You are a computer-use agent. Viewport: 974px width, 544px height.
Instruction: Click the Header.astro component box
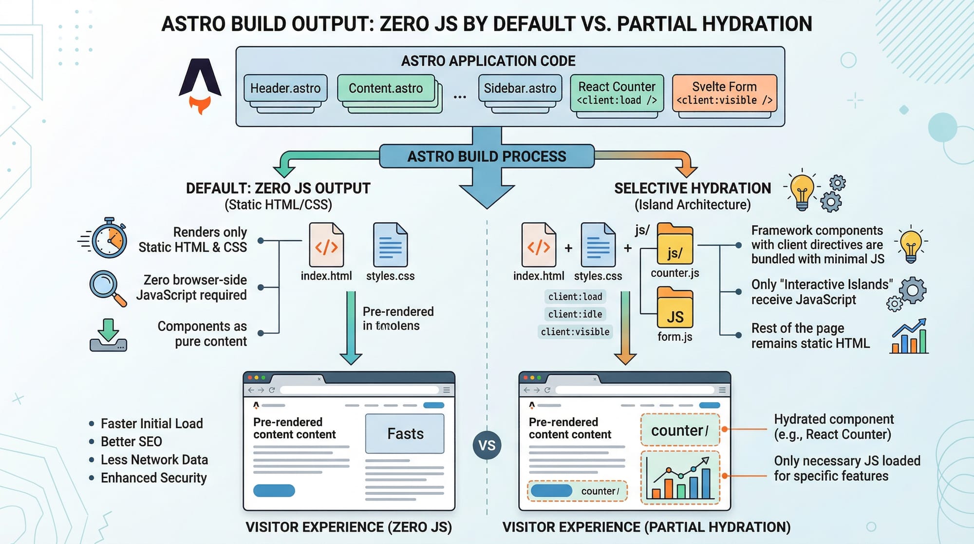click(285, 88)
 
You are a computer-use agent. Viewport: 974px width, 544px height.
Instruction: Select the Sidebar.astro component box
click(520, 88)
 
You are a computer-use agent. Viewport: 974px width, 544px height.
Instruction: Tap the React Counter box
click(617, 93)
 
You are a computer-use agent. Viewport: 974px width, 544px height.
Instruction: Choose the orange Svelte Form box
click(724, 93)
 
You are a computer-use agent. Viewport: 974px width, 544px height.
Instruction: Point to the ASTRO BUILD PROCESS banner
click(487, 156)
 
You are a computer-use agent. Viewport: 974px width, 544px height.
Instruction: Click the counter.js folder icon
click(674, 245)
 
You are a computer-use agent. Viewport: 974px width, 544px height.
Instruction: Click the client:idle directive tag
click(575, 314)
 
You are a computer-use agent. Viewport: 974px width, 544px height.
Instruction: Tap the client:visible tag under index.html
click(575, 332)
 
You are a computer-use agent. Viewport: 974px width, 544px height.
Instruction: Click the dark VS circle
click(487, 445)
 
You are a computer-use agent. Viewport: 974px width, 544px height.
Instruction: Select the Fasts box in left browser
click(405, 433)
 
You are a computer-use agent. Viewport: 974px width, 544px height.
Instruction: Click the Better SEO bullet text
click(131, 442)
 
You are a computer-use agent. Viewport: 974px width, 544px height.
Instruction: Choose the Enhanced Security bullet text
click(153, 478)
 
